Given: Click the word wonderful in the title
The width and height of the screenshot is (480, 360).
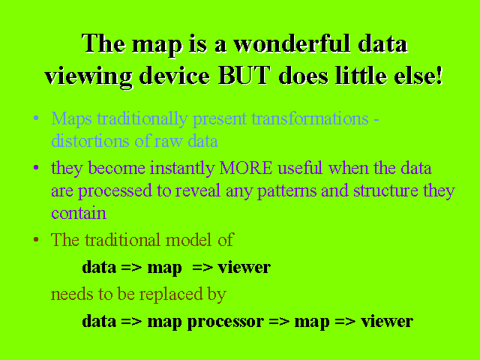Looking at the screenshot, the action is [x=292, y=43].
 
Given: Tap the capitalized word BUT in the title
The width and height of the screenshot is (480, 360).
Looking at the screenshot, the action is [x=244, y=75].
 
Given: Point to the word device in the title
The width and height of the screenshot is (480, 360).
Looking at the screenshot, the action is [x=174, y=75].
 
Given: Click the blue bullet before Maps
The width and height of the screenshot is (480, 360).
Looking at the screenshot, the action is [x=36, y=118].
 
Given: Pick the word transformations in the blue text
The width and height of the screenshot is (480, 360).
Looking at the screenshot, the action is [x=310, y=118].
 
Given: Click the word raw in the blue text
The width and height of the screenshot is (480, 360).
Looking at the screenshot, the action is [x=168, y=142].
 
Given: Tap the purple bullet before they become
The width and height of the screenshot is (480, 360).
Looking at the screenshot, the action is [x=36, y=167].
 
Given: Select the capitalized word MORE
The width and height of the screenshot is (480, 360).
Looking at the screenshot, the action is [x=246, y=168].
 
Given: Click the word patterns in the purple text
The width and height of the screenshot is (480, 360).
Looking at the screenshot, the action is [x=286, y=191].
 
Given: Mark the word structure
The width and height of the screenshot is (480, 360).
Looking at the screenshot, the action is [x=385, y=190].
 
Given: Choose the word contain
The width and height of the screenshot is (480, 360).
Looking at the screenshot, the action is [x=79, y=213].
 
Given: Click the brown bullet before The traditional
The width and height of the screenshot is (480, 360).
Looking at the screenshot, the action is [x=36, y=239].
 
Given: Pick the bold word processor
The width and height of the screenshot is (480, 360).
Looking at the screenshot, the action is [x=225, y=322].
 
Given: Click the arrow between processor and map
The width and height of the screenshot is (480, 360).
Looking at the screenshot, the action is [x=279, y=322].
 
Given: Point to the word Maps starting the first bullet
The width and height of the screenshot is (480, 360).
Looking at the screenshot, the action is [x=72, y=118].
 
